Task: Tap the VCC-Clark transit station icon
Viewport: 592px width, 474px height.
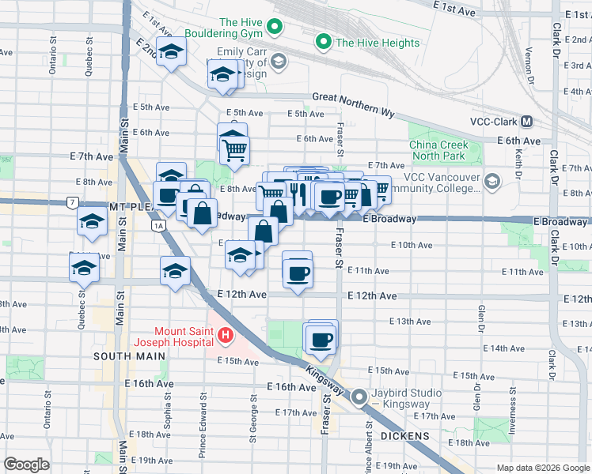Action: (x=526, y=122)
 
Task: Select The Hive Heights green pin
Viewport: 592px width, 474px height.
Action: (x=323, y=42)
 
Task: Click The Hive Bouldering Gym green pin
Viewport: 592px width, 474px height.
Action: (x=275, y=27)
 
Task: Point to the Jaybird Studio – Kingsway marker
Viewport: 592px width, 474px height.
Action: (x=360, y=397)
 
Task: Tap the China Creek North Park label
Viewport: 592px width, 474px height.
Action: (x=439, y=150)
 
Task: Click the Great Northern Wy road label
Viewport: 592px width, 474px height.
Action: (x=353, y=103)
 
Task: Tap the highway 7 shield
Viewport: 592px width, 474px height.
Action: (x=74, y=203)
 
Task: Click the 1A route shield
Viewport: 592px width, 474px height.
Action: (x=158, y=226)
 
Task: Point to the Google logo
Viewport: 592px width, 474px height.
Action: (x=26, y=465)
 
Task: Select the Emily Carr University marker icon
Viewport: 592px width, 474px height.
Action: (x=278, y=61)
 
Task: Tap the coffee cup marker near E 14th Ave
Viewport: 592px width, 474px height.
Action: (x=321, y=340)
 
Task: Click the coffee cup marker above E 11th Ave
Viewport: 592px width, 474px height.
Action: (x=298, y=273)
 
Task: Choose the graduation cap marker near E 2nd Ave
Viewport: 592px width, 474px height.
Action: (x=169, y=51)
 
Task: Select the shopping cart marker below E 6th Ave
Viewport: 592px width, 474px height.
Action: (x=235, y=149)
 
